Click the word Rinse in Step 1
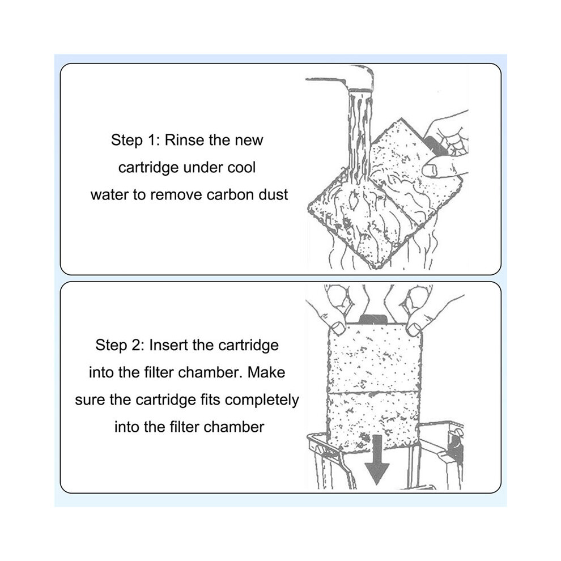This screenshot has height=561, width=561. tap(185, 140)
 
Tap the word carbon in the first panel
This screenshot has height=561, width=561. tap(231, 194)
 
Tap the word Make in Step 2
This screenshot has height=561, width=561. tap(266, 372)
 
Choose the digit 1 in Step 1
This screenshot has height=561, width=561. tap(150, 140)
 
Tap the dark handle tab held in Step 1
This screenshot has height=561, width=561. tap(436, 146)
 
